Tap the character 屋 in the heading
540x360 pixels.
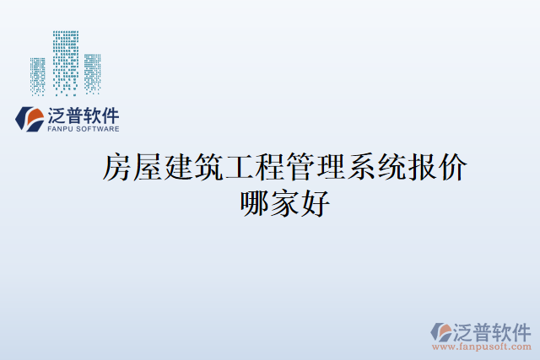(x=148, y=168)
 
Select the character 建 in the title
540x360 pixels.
(x=179, y=168)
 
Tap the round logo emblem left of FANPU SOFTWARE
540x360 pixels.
(x=30, y=119)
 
